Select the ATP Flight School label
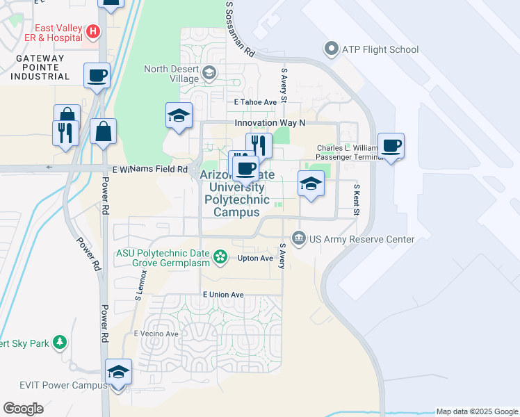pos(380,49)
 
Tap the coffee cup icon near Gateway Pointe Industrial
pos(97,74)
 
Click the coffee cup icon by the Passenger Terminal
pos(391,145)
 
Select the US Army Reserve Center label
pos(362,239)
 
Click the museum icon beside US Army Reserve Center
pos(299,239)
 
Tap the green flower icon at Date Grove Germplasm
pos(220,258)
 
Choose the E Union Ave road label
pos(223,295)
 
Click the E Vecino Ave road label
pos(156,334)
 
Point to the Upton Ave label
pos(256,258)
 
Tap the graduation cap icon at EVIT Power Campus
pos(118,371)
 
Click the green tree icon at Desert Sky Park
pos(60,342)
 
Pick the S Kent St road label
pos(356,199)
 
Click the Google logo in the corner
pos(23,409)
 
